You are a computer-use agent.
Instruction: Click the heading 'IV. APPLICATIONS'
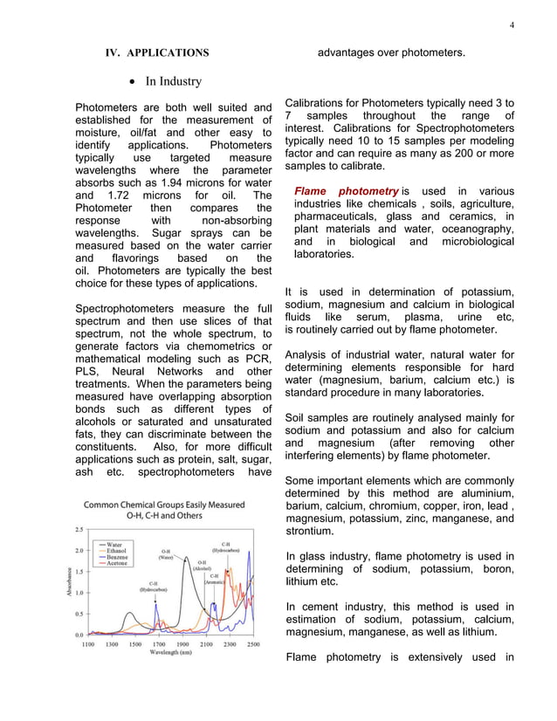coord(157,53)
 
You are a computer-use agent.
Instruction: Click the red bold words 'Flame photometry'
coord(346,191)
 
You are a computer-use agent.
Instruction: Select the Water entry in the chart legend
coord(113,544)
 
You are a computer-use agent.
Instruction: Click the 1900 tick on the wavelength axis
coord(182,644)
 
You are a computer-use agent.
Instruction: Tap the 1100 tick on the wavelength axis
coord(88,644)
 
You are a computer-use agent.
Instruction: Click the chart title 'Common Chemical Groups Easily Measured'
coord(165,505)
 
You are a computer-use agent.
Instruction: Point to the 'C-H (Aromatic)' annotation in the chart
coord(215,579)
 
